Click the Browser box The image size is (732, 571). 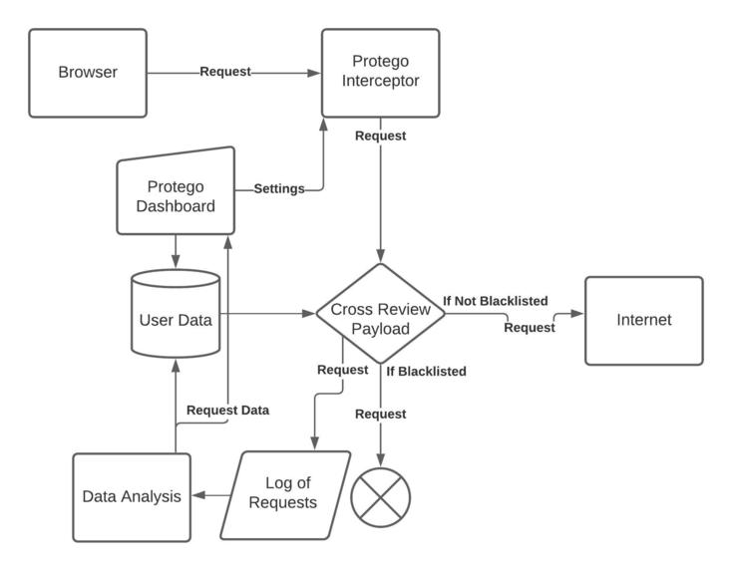[x=88, y=72]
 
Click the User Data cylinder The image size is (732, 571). [x=176, y=317]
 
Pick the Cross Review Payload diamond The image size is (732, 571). [x=380, y=314]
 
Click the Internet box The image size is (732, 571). [x=643, y=320]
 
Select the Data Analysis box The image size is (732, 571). [x=132, y=496]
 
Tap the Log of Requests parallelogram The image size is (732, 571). [x=285, y=494]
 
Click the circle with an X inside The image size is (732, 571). [x=380, y=496]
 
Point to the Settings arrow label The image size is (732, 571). [x=279, y=188]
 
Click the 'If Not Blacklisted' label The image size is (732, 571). [x=496, y=300]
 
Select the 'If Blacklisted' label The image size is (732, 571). [x=426, y=372]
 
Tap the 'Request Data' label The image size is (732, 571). [x=227, y=410]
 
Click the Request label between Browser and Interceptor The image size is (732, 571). [x=225, y=72]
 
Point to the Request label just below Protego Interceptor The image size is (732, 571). [x=380, y=136]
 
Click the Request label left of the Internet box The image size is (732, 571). [x=530, y=327]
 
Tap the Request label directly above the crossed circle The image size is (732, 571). [x=380, y=414]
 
